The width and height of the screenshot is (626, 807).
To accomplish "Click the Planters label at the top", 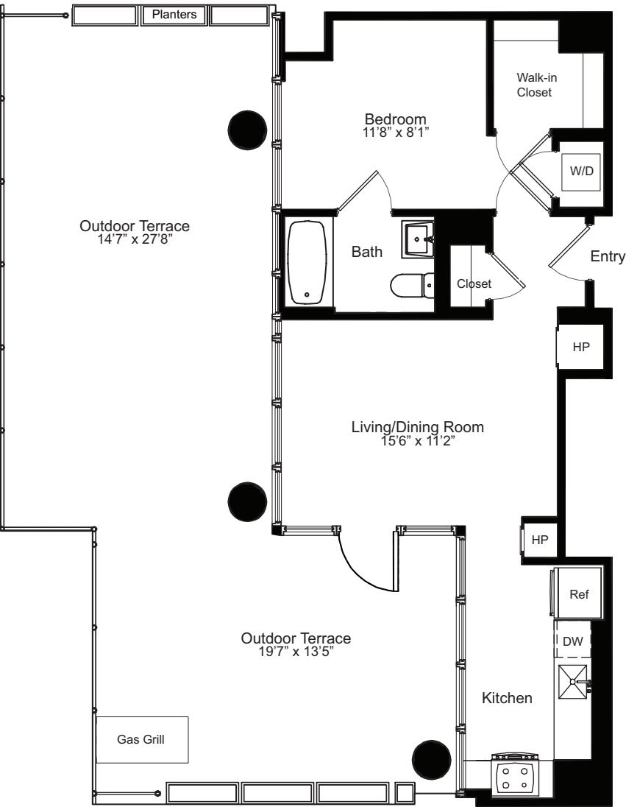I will [174, 14].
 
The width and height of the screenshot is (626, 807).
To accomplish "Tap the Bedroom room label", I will [396, 119].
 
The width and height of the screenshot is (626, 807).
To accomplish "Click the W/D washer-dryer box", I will [581, 170].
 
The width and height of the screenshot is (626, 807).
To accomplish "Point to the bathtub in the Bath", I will [308, 263].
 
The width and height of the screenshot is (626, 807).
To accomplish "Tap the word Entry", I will [607, 256].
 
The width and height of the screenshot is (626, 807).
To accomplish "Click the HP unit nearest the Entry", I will [581, 347].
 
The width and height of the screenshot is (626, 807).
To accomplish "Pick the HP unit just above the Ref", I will [540, 539].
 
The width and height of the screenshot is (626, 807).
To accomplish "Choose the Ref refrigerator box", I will [580, 594].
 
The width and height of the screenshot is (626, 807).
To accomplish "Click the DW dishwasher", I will [572, 642].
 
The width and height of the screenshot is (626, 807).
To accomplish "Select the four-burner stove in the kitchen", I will [515, 776].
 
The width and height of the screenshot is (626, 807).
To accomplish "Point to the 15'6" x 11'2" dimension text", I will [417, 440].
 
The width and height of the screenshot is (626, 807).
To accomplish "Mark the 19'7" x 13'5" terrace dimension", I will [296, 651].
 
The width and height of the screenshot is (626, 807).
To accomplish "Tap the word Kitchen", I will [507, 697].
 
